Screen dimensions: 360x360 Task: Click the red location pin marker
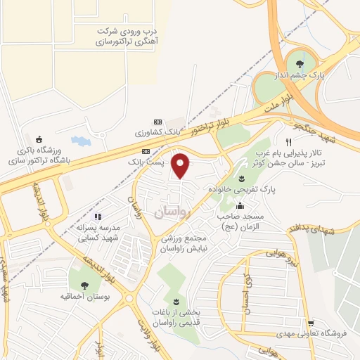pos(181,165)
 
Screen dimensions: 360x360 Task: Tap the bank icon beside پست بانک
pos(146,151)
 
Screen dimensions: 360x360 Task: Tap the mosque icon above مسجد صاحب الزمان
pos(240,206)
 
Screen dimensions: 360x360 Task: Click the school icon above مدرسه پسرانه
pos(98,217)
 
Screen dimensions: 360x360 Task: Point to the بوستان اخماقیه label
pos(84,297)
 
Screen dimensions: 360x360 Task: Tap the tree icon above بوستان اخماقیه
pos(84,285)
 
